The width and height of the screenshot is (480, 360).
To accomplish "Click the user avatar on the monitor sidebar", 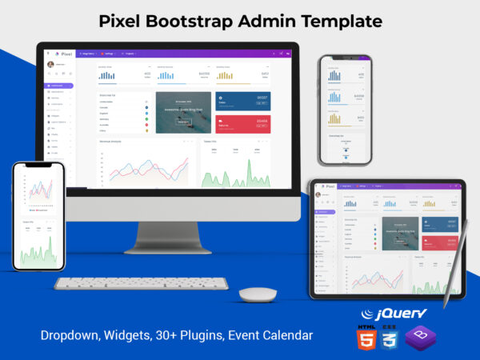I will tap(51, 64).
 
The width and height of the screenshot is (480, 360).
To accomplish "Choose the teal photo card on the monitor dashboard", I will tap(183, 112).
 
